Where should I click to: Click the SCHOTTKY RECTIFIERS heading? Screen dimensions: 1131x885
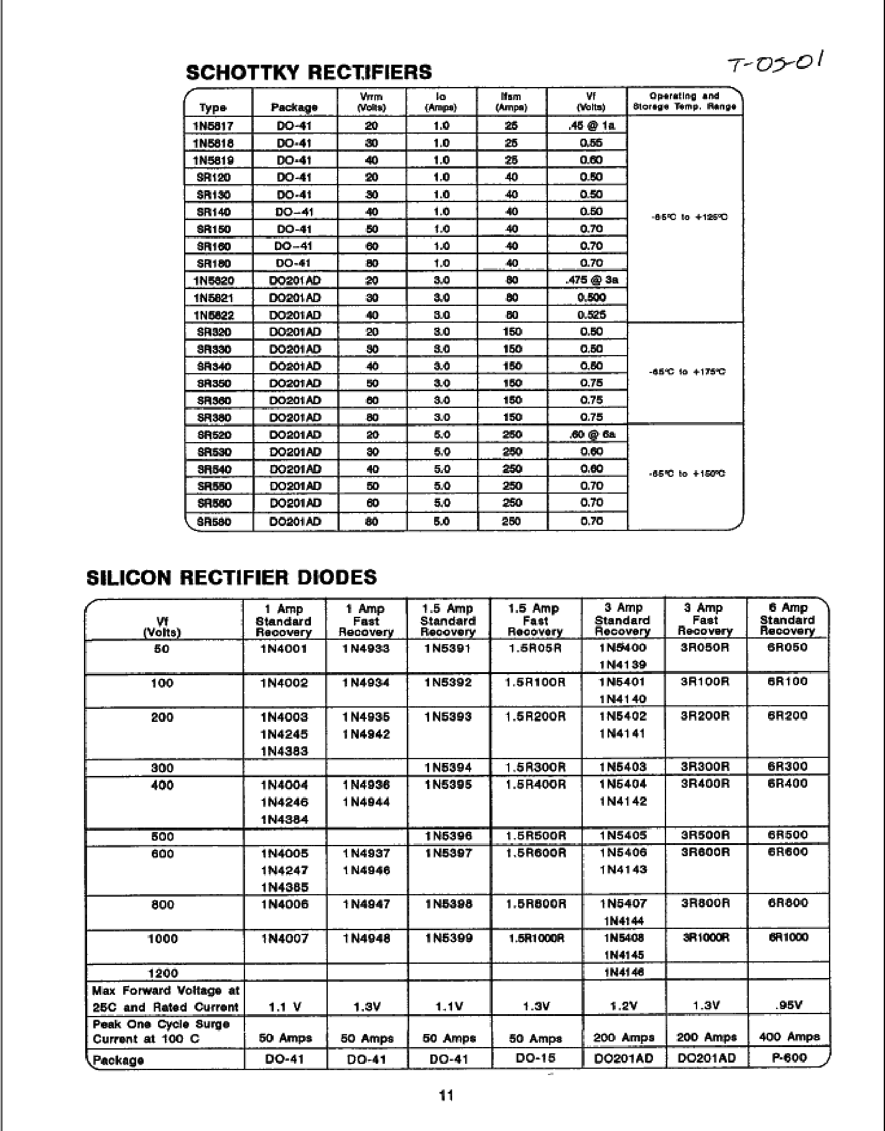click(x=308, y=72)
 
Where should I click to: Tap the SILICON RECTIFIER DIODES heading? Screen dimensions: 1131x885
click(x=231, y=577)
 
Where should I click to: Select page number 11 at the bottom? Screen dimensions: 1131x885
click(x=447, y=1095)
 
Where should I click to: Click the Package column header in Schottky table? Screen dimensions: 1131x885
click(x=294, y=108)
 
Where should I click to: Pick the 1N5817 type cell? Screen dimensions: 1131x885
click(x=213, y=126)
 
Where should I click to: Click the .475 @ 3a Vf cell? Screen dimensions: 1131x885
click(x=591, y=280)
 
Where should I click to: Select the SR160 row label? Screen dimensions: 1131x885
click(x=213, y=246)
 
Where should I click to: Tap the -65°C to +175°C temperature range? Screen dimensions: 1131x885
click(x=687, y=372)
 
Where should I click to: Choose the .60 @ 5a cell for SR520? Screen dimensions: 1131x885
click(x=591, y=435)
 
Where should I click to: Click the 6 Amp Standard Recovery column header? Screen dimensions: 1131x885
click(x=787, y=619)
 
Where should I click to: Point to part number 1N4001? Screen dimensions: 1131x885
click(x=284, y=649)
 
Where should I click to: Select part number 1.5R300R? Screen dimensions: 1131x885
click(x=535, y=767)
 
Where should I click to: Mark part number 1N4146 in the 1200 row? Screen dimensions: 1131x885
click(x=622, y=972)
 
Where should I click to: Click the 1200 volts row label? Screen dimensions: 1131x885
click(x=163, y=973)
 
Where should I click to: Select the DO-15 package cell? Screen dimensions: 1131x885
click(x=535, y=1057)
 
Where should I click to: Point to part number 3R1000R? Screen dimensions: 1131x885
click(x=705, y=938)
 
